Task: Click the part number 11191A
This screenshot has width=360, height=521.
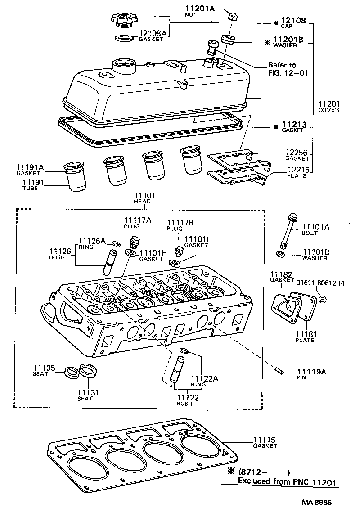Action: (30, 168)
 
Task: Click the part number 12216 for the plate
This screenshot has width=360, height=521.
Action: (297, 170)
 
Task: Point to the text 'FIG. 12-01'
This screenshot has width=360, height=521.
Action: (288, 73)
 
